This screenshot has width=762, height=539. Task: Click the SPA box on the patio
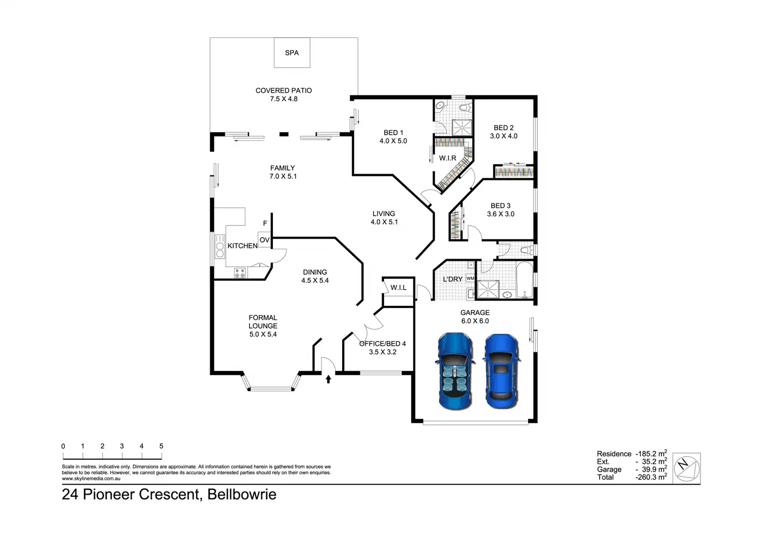tap(292, 52)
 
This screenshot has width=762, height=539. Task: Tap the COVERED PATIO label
tap(284, 91)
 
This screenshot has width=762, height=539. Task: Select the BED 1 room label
tap(393, 133)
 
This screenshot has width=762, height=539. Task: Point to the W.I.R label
tap(448, 158)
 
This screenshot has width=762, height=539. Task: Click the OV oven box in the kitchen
tap(265, 240)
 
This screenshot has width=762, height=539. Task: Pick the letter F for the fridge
tap(265, 223)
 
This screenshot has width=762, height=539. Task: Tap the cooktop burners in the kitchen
tap(240, 273)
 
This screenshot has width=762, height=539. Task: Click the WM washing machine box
tap(470, 278)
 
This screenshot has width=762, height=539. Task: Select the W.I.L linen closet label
tap(399, 288)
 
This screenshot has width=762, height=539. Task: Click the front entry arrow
tap(328, 379)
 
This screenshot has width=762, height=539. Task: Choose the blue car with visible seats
tap(455, 371)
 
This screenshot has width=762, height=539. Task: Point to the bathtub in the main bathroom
tap(525, 280)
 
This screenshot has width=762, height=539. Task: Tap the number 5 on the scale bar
tap(161, 446)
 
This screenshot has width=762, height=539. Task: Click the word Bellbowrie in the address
tap(242, 494)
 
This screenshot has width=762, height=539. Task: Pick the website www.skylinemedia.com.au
tap(91, 478)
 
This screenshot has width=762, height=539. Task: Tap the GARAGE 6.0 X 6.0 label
tap(475, 317)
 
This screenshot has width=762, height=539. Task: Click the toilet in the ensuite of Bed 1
tap(465, 108)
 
